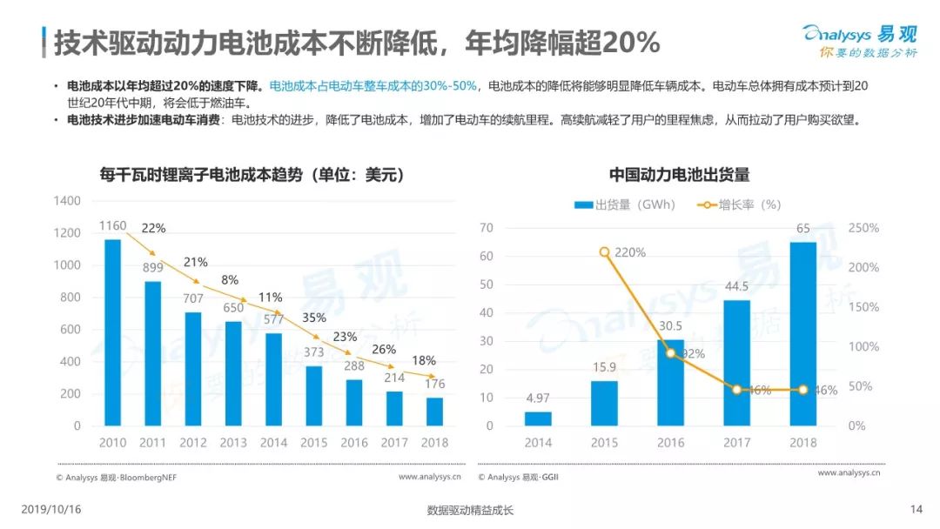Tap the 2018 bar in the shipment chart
tap(802, 334)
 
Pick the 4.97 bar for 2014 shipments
tap(538, 419)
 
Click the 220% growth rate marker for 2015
tap(605, 252)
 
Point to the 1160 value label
tap(112, 226)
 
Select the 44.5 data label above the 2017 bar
tap(736, 285)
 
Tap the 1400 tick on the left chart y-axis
tap(65, 201)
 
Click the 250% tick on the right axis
tap(863, 228)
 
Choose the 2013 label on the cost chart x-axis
tap(232, 443)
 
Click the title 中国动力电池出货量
tap(679, 175)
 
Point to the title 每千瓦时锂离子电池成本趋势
tap(252, 175)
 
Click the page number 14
tap(916, 510)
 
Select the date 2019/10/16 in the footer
tap(50, 510)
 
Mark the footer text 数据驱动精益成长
tap(470, 511)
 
